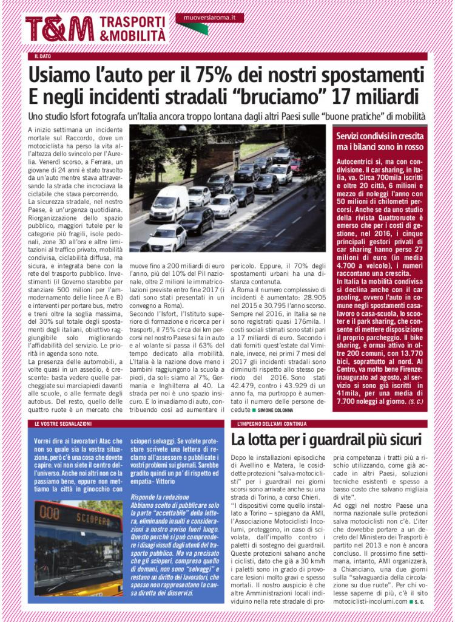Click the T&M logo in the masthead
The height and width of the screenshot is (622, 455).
[x=59, y=28]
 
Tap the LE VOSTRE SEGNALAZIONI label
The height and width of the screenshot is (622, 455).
[x=62, y=423]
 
